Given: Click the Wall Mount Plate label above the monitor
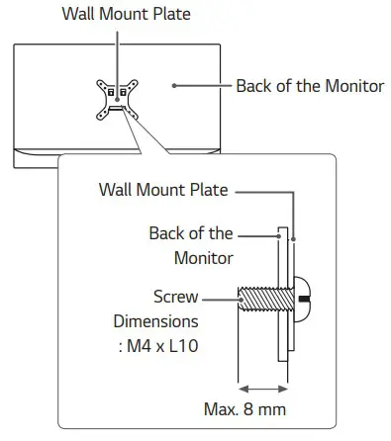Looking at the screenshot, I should (x=126, y=14).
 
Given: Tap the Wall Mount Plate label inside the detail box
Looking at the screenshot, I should (x=163, y=189).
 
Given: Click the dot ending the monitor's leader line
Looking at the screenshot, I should (x=174, y=86).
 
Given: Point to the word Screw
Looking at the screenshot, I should (x=176, y=296).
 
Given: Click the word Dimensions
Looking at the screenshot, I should (x=155, y=321).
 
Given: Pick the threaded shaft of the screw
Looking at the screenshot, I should (x=259, y=297).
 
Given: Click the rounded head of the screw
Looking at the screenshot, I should (x=306, y=297).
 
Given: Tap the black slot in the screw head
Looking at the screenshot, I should (x=308, y=297).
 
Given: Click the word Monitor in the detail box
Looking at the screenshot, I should (x=203, y=258).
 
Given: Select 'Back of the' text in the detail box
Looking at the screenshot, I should (x=191, y=234).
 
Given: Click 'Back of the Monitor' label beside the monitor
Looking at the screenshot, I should (x=309, y=86).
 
